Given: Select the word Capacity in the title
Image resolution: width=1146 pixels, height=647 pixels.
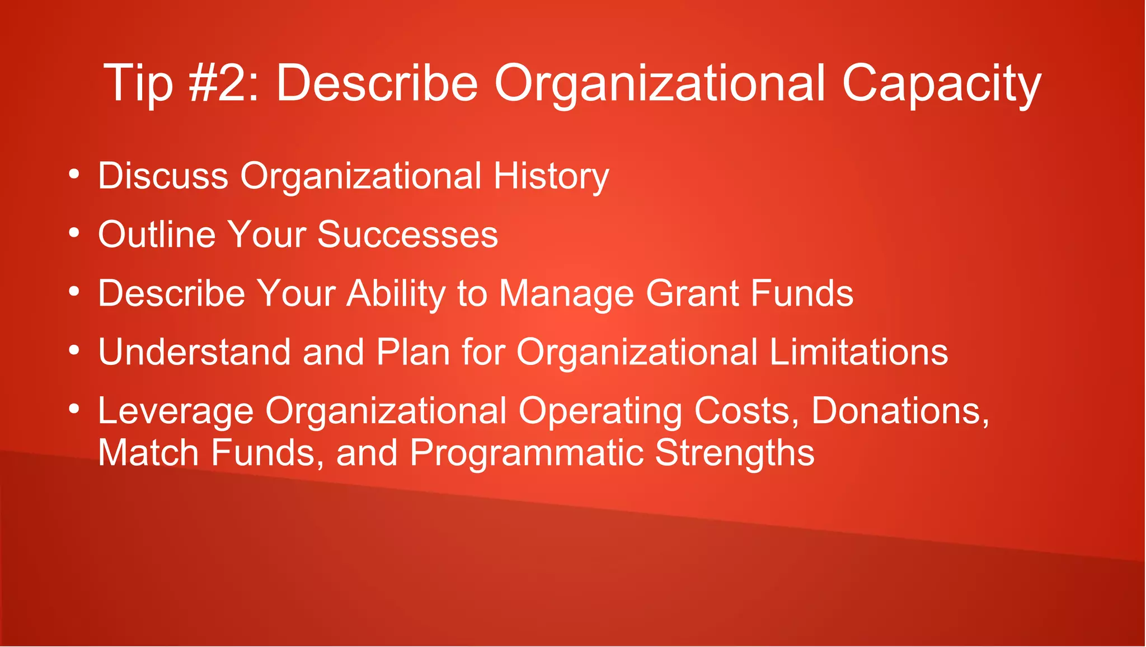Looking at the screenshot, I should (941, 84).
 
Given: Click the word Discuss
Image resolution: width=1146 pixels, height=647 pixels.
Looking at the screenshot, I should (163, 176).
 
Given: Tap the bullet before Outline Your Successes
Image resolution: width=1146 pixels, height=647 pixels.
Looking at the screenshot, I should (74, 233).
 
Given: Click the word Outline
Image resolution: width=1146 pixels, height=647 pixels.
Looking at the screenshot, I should (156, 235).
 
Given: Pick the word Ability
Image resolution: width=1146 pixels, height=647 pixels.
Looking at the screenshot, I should (395, 294).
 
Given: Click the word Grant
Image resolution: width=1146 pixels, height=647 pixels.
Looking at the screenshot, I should (692, 293).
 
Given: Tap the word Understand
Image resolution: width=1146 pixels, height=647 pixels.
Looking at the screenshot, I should (194, 352).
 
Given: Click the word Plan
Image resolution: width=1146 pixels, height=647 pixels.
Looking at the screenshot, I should (413, 352).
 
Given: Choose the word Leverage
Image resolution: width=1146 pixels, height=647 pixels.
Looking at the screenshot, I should (176, 412).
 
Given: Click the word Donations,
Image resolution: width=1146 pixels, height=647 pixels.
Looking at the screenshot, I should (900, 411).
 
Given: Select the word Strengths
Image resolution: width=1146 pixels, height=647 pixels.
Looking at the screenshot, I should (734, 453).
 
